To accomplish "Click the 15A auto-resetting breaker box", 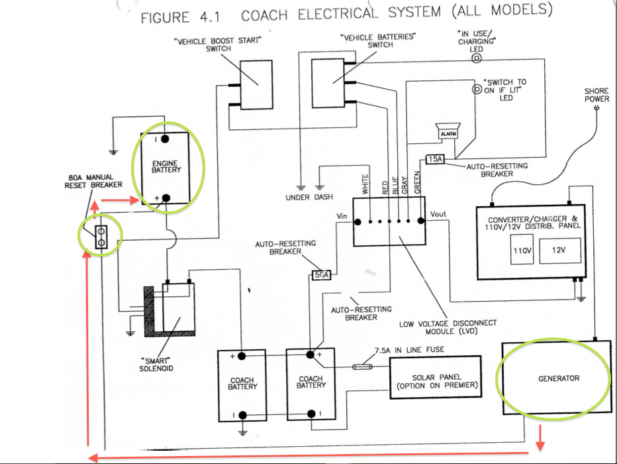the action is tap(435, 159).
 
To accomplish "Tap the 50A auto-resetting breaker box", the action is tap(321, 275).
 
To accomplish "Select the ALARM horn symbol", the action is tap(448, 131).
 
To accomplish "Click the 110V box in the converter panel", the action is tap(522, 250).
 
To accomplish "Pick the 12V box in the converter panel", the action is tap(560, 251).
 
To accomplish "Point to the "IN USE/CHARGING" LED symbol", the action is tap(477, 59).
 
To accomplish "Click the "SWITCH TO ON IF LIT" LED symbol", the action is tap(477, 89).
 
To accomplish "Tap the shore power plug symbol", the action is tap(597, 107).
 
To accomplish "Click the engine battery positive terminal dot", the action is tap(166, 198).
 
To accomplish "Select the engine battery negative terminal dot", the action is tap(165, 139).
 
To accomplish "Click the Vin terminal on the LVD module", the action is tap(357, 222).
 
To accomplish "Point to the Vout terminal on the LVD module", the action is tap(420, 221).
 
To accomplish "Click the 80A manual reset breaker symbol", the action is tap(101, 237).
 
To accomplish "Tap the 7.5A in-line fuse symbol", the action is tap(362, 367).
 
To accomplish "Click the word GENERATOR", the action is tap(559, 378).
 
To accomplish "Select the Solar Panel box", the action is tap(436, 377).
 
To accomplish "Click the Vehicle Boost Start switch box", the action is tap(256, 85).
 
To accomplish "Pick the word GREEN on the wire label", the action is tap(418, 182).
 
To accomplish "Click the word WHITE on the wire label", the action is tap(365, 184).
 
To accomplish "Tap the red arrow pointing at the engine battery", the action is tap(120, 200).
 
